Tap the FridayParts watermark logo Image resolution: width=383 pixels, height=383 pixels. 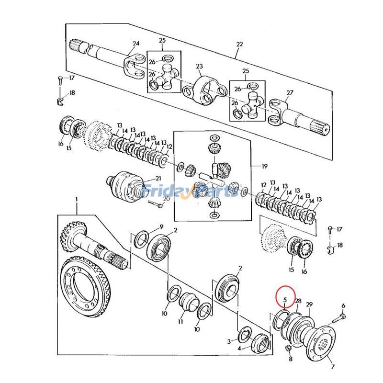click(x=191, y=191)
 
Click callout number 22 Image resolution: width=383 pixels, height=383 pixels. click(x=240, y=44)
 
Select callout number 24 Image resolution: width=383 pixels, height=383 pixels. click(x=136, y=44)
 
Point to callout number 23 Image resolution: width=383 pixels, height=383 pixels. click(x=199, y=66)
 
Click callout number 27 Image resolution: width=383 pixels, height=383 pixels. click(x=290, y=93)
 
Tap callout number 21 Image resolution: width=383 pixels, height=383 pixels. click(x=158, y=178)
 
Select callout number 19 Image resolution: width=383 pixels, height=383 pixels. click(x=265, y=166)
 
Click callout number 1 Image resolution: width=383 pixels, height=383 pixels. click(x=77, y=200)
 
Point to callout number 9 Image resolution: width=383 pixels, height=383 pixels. click(x=161, y=227)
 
